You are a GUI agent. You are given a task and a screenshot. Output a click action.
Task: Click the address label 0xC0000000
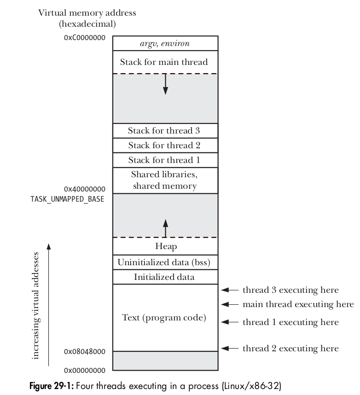click(85, 37)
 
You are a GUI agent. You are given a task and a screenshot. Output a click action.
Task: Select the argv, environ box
click(165, 44)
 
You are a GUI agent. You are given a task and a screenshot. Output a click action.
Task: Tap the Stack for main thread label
click(164, 62)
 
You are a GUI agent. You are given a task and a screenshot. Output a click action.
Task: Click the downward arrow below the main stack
click(165, 84)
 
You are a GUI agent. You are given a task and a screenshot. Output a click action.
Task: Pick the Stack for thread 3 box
click(165, 131)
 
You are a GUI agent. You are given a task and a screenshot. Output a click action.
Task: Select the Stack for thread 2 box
click(165, 145)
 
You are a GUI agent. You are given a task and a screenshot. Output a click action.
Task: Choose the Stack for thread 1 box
click(165, 160)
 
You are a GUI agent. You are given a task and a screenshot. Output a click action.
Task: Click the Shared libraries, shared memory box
click(165, 180)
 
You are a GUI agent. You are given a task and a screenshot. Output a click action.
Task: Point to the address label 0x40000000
click(85, 189)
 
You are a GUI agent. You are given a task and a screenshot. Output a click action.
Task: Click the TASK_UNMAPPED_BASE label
click(67, 199)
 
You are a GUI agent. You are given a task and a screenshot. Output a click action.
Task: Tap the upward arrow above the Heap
click(165, 227)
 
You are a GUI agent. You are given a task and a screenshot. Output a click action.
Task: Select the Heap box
click(165, 247)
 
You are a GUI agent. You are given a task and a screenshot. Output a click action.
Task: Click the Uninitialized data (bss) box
click(165, 262)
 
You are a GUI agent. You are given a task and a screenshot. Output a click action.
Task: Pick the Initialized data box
click(165, 277)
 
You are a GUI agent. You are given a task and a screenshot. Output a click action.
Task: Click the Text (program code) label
click(164, 318)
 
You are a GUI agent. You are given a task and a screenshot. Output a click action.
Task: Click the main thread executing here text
click(298, 304)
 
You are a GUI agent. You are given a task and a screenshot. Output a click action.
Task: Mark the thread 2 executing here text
click(290, 348)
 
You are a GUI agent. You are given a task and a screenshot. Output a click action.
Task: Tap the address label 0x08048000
click(85, 352)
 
